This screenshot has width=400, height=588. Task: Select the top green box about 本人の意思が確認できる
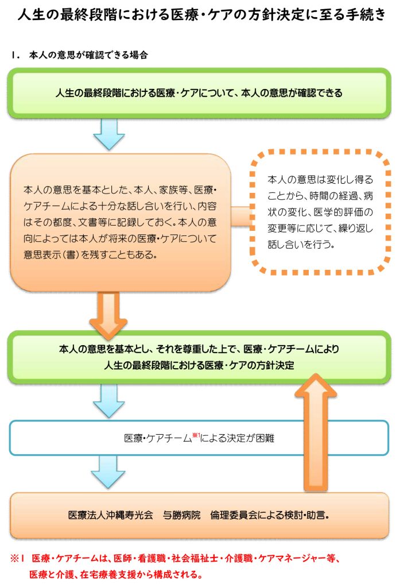(199, 93)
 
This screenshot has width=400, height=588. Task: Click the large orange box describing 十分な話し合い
(121, 221)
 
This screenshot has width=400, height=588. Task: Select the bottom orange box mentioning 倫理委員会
(199, 515)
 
